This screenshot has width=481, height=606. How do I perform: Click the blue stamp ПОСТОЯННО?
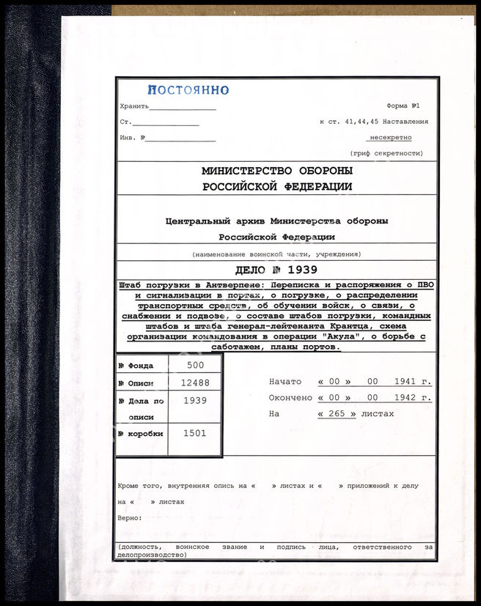[x=188, y=90]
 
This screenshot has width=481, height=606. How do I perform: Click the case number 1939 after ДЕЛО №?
[x=302, y=270]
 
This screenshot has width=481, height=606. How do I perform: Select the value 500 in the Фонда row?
[x=194, y=364]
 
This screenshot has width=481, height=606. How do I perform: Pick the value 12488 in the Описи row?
[x=194, y=382]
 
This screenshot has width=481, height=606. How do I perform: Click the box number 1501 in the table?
[x=194, y=433]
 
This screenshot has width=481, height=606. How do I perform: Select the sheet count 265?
[x=337, y=414]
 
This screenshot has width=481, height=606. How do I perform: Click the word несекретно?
[x=391, y=137]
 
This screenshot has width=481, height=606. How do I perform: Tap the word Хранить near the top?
[x=134, y=106]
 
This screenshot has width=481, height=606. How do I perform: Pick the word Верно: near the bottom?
[x=129, y=518]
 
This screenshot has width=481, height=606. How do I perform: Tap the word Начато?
[x=285, y=381]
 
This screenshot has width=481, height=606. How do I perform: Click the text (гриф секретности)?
[x=396, y=153]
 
